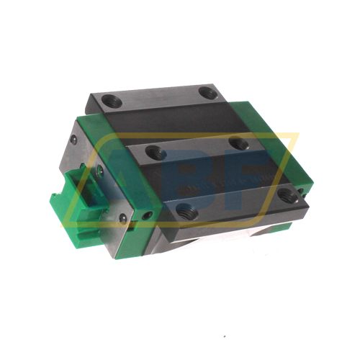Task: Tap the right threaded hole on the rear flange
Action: click(x=208, y=92)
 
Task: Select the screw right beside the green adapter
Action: click(x=99, y=172)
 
